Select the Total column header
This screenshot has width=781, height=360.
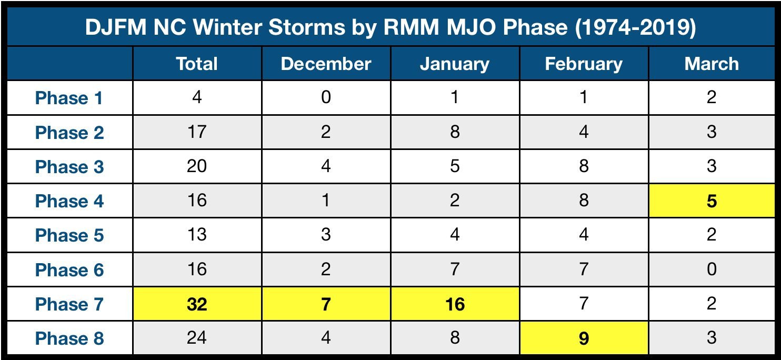pyautogui.click(x=197, y=64)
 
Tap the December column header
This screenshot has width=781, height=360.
pyautogui.click(x=326, y=64)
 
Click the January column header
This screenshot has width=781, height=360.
pyautogui.click(x=455, y=64)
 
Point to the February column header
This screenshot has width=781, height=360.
pyautogui.click(x=584, y=64)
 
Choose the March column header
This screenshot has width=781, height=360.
pyautogui.click(x=712, y=64)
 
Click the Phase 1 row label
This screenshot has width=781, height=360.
pyautogui.click(x=69, y=98)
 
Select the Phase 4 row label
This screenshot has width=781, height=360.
pyautogui.click(x=69, y=201)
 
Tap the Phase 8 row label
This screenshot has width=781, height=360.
pyautogui.click(x=69, y=338)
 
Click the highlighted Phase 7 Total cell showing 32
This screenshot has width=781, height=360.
pyautogui.click(x=197, y=304)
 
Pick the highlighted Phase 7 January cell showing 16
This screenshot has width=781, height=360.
pyautogui.click(x=455, y=304)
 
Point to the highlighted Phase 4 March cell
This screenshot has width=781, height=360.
pyautogui.click(x=712, y=201)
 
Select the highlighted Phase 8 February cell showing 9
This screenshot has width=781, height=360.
pyautogui.click(x=584, y=338)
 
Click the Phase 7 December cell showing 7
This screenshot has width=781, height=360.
pyautogui.click(x=326, y=304)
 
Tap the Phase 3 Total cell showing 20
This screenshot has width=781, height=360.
pyautogui.click(x=197, y=166)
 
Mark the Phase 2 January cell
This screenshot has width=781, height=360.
pyautogui.click(x=455, y=132)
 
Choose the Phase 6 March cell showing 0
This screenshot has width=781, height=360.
pyautogui.click(x=712, y=269)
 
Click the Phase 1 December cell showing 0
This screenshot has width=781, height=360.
pyautogui.click(x=326, y=97)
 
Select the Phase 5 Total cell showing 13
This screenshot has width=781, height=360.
pyautogui.click(x=197, y=235)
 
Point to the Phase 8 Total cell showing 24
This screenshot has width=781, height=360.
pyautogui.click(x=197, y=338)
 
